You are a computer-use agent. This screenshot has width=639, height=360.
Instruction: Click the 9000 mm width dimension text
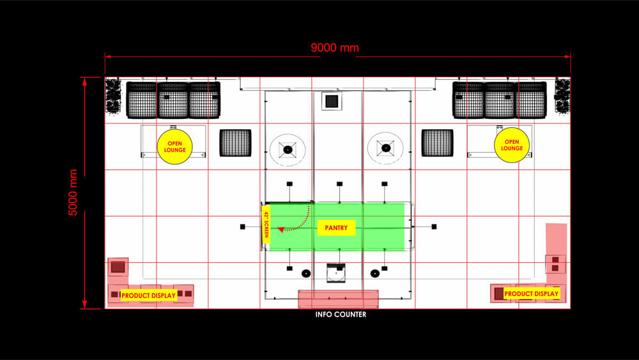click(x=335, y=48)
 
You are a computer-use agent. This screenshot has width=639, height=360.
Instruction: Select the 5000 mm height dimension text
click(x=73, y=192)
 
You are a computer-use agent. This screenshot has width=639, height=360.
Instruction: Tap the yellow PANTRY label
click(x=336, y=228)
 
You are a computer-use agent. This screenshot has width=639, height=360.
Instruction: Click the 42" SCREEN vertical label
click(x=266, y=224)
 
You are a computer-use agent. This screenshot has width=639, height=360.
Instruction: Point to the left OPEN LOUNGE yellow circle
click(x=175, y=147)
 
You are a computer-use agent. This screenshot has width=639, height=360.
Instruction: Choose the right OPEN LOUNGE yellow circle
click(x=512, y=145)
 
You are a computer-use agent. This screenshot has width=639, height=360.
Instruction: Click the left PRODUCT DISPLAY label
click(x=148, y=295)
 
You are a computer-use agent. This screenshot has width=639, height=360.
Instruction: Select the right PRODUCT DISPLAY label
click(x=532, y=293)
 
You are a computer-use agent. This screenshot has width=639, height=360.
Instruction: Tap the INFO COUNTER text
click(x=341, y=315)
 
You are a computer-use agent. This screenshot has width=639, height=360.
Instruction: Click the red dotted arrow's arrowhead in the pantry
click(x=281, y=230)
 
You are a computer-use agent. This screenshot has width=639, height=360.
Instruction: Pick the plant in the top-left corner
click(x=113, y=95)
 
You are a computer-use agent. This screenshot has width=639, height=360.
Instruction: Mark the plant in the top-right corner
click(x=562, y=96)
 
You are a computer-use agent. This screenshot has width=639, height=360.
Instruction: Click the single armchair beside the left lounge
click(x=236, y=143)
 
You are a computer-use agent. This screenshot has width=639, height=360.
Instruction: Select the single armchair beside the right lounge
click(x=437, y=143)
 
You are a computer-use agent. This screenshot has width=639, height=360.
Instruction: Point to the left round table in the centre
click(x=288, y=150)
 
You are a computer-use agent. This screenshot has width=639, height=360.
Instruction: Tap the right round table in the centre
click(x=385, y=148)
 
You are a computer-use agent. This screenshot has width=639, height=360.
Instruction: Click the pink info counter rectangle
click(x=338, y=299)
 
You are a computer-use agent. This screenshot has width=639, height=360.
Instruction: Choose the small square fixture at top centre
click(x=332, y=101)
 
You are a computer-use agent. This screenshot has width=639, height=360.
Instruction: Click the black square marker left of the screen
click(x=242, y=227)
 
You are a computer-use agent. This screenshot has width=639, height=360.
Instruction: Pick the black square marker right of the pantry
click(x=434, y=227)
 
